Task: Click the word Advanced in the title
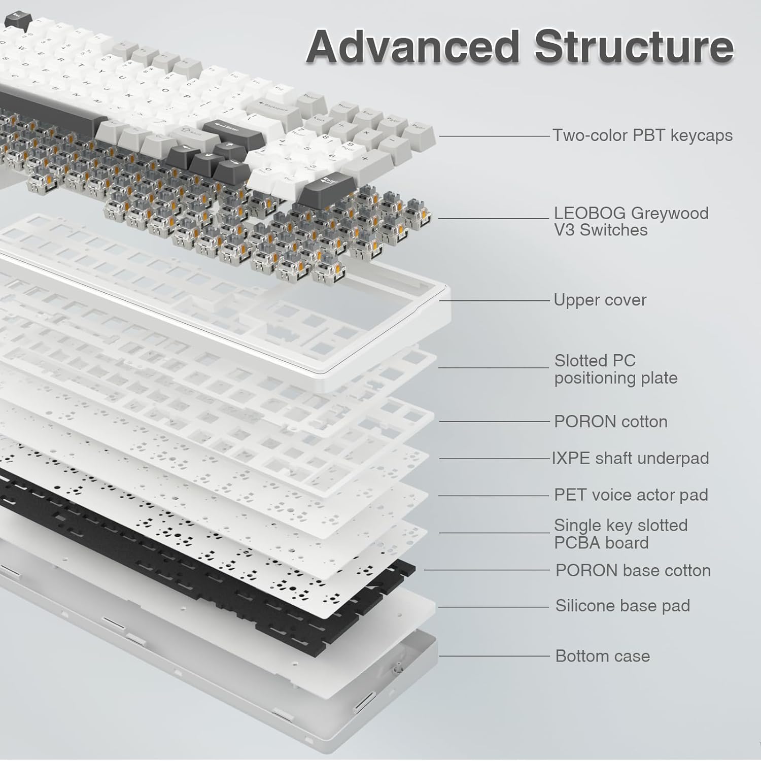412,47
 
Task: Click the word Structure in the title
634,47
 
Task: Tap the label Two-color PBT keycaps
642,135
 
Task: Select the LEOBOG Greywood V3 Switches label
631,221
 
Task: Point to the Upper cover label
600,300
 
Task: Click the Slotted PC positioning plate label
615,369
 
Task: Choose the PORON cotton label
610,422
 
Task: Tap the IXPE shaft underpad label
630,458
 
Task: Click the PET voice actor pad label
631,495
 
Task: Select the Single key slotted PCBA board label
620,534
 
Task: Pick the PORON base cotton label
633,570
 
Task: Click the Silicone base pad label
622,606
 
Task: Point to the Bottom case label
602,656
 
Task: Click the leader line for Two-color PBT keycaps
495,136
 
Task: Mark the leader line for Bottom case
495,656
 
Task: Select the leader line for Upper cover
495,300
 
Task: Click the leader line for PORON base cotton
487,570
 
